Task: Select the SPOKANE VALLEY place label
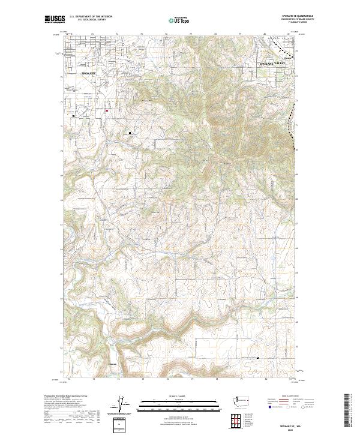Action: pyautogui.click(x=274, y=63)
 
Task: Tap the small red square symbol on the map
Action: pyautogui.click(x=107, y=110)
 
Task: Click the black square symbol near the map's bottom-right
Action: pyautogui.click(x=258, y=358)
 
